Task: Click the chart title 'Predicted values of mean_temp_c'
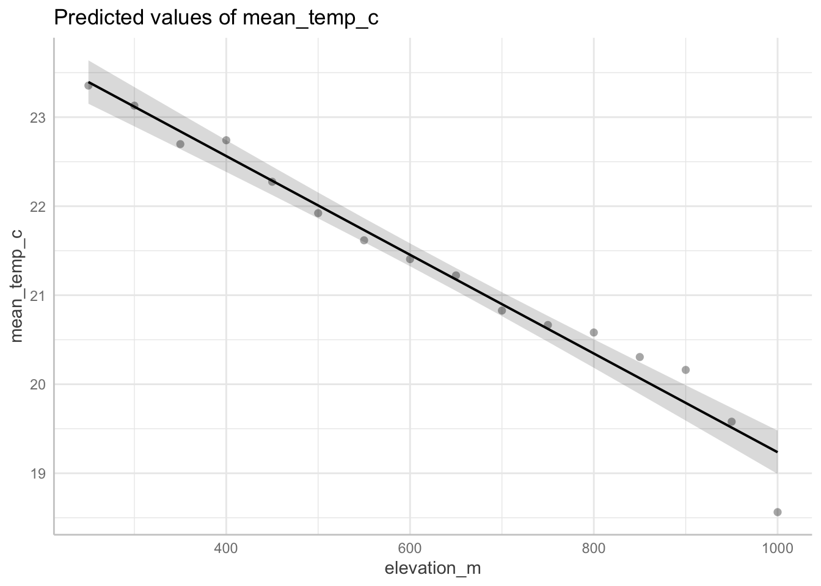[x=216, y=18]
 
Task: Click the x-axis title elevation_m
[x=432, y=568]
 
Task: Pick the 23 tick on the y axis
[x=38, y=117]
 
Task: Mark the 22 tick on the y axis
[x=38, y=206]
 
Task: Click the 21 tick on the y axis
[x=38, y=295]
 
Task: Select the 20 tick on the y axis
[x=38, y=385]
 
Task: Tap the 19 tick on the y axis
[x=38, y=474]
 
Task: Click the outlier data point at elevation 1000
[x=777, y=512]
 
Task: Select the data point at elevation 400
[x=226, y=140]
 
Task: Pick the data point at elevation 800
[x=594, y=333]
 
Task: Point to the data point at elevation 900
[x=685, y=370]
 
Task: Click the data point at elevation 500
[x=318, y=213]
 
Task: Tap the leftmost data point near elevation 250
[x=88, y=85]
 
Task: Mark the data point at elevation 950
[x=731, y=422]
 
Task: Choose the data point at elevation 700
[x=502, y=311]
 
